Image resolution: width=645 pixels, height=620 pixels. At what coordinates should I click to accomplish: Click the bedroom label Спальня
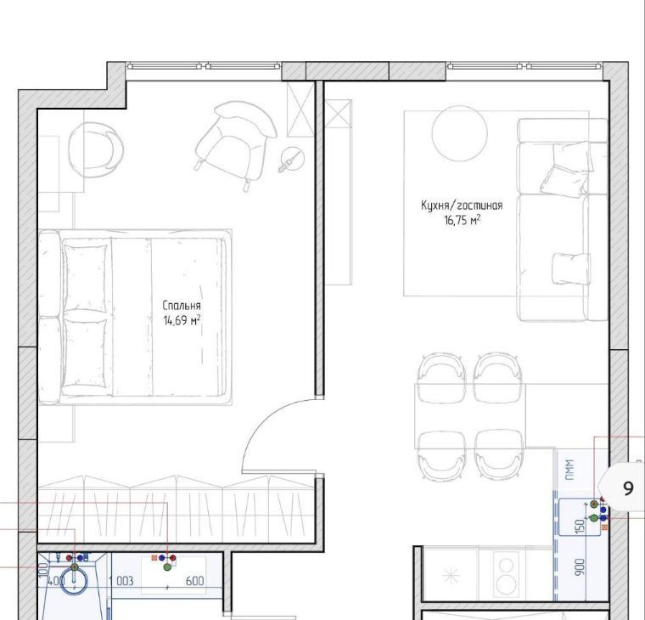(182, 306)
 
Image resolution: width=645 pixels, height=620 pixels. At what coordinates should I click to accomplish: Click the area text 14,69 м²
(182, 320)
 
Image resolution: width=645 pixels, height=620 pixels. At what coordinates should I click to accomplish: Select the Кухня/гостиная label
(462, 205)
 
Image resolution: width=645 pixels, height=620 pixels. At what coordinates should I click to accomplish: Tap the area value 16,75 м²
(462, 220)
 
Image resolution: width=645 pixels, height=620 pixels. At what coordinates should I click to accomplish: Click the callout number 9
(628, 488)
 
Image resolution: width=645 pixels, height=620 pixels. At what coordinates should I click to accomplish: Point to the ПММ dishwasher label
(570, 470)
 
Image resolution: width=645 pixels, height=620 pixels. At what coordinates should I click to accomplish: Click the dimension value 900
(579, 567)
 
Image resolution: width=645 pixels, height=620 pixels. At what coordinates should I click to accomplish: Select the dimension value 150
(579, 527)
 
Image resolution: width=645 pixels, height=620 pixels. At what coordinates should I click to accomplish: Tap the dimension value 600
(195, 581)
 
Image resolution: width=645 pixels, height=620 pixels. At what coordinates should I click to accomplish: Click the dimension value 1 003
(121, 581)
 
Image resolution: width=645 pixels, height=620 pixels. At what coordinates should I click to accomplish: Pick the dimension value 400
(56, 581)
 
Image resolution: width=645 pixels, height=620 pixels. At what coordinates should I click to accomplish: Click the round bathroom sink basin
(74, 580)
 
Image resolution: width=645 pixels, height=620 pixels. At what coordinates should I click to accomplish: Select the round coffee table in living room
(459, 133)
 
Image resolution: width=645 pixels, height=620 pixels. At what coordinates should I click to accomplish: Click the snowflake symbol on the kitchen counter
(451, 576)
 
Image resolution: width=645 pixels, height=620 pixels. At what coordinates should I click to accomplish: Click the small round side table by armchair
(293, 159)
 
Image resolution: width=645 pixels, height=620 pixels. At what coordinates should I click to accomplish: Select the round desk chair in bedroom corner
(96, 149)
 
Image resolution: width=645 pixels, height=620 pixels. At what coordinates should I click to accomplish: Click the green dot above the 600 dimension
(167, 566)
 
